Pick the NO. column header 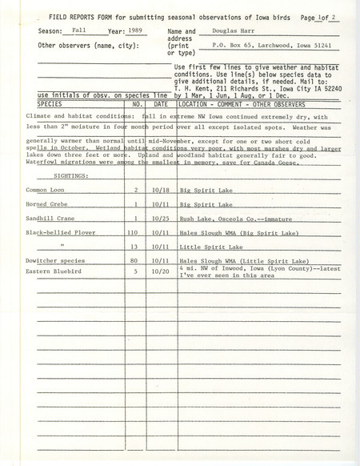click(x=137, y=104)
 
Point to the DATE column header click(x=161, y=104)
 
